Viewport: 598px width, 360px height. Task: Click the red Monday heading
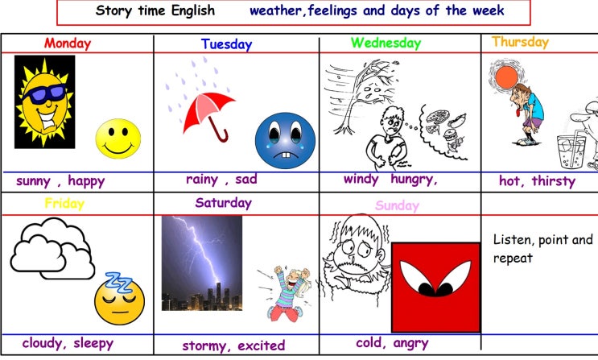click(68, 43)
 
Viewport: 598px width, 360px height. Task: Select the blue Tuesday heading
click(226, 44)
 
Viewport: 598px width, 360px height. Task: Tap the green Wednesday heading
click(386, 43)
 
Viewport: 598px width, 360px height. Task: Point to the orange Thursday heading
click(520, 42)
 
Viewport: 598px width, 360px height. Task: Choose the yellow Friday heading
click(64, 204)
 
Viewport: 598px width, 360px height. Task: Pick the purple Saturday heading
click(224, 203)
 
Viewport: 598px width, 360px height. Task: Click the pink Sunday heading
click(397, 205)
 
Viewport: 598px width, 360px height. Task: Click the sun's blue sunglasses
click(45, 94)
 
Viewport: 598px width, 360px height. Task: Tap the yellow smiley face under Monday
click(118, 139)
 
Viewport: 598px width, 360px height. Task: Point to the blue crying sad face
click(285, 140)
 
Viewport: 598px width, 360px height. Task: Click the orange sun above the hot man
click(506, 77)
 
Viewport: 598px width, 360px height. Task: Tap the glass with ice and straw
click(571, 151)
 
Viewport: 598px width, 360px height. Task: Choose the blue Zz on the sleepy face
click(118, 282)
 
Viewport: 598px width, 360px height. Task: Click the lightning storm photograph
click(202, 263)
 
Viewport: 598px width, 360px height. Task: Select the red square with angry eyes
click(436, 288)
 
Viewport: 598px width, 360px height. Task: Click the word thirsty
click(554, 180)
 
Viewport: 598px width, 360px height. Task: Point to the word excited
click(262, 346)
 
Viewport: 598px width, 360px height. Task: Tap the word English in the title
click(193, 10)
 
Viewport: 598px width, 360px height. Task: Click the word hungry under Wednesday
click(414, 179)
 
